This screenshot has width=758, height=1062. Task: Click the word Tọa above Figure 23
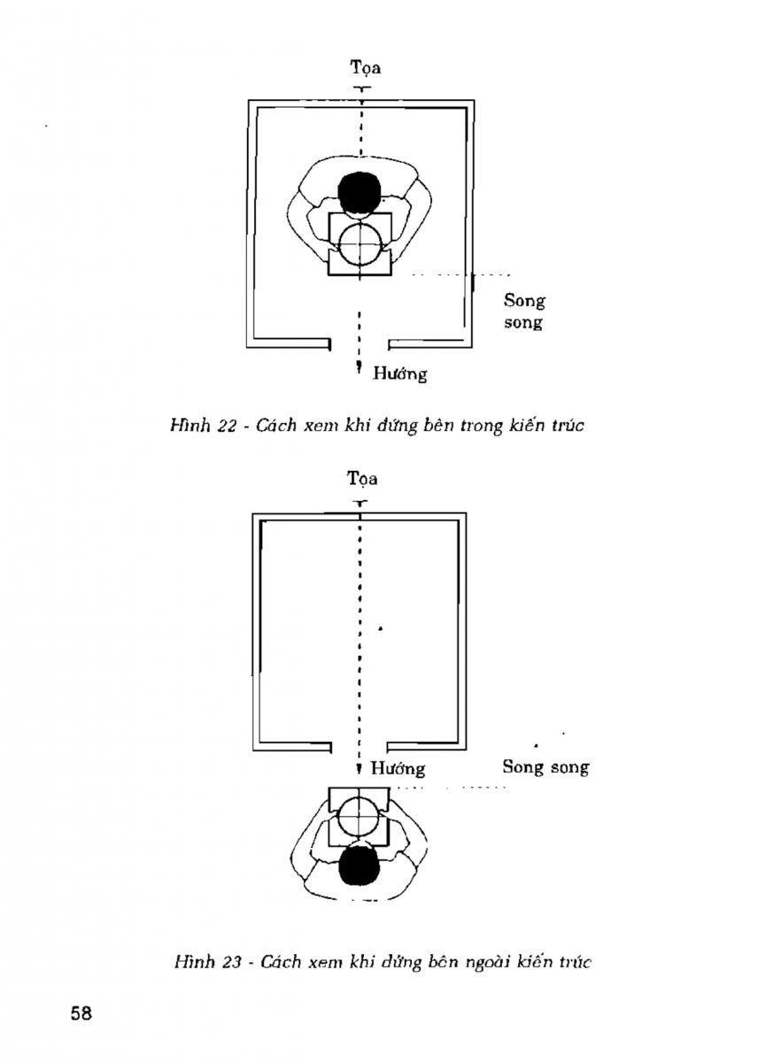pos(361,479)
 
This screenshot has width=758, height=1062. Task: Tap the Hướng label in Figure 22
pos(399,373)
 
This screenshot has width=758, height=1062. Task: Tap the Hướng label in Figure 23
pos(398,768)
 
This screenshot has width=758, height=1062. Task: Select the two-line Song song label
pos(524,312)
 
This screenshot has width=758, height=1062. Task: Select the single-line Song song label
pos(545,766)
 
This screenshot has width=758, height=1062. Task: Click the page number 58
pos(81,1013)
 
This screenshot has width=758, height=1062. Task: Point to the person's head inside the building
pos(360,191)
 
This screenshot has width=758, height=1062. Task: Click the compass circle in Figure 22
pos(360,243)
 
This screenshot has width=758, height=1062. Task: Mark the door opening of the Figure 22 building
pos(360,342)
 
